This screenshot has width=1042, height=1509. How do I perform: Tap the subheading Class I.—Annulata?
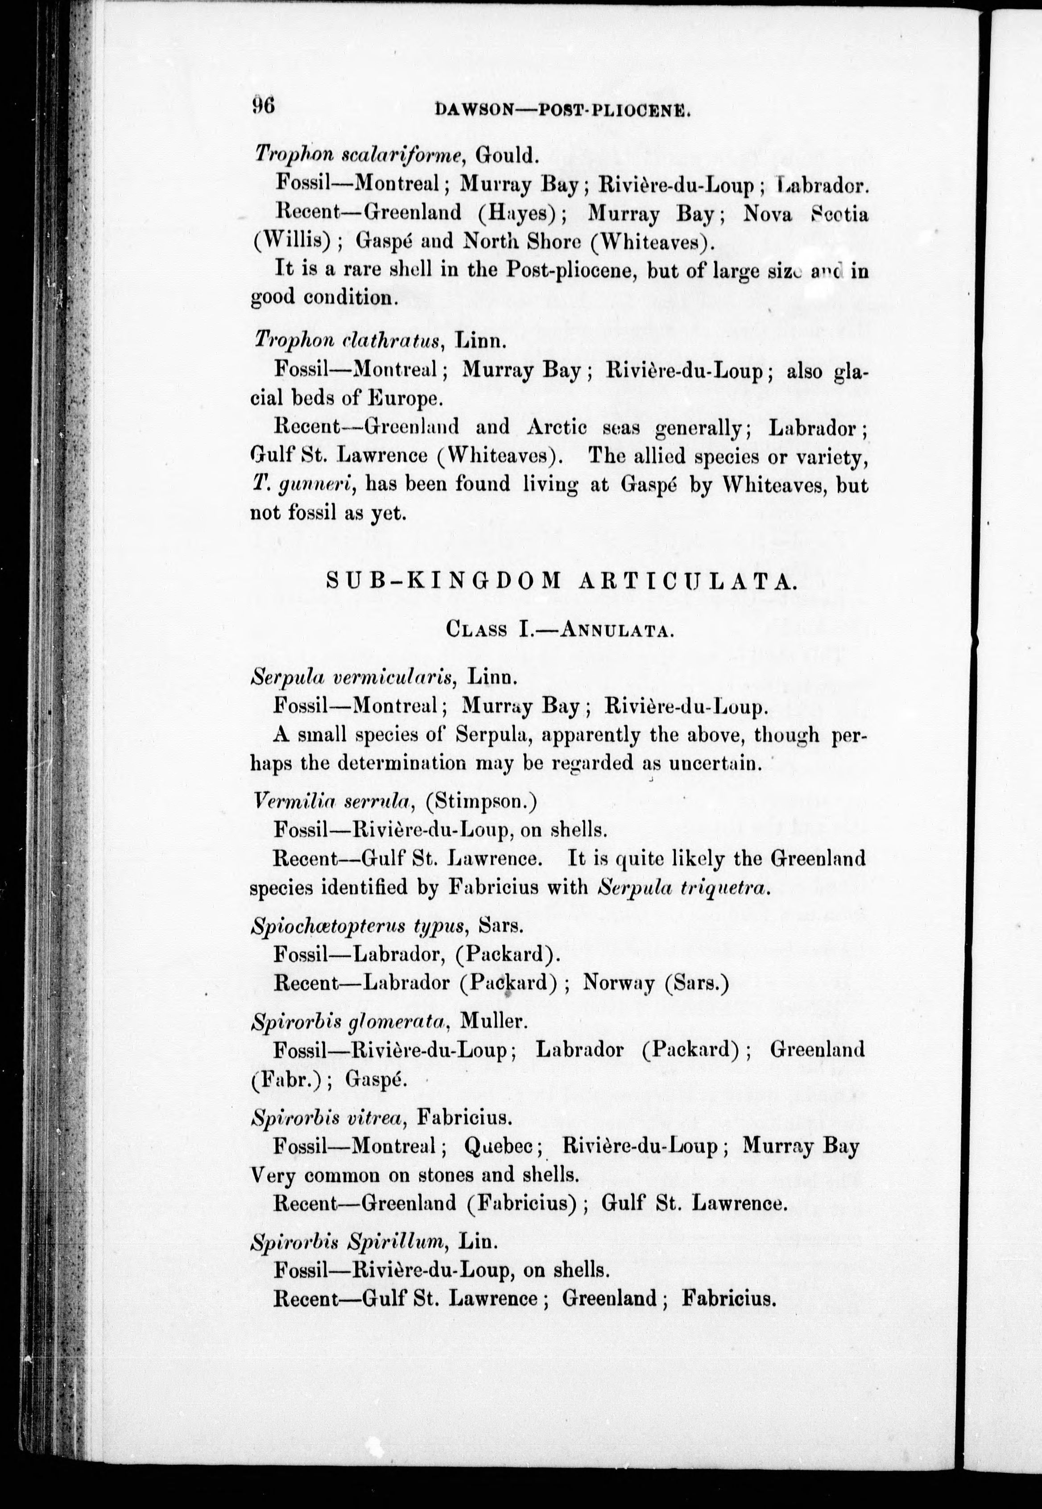(560, 629)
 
